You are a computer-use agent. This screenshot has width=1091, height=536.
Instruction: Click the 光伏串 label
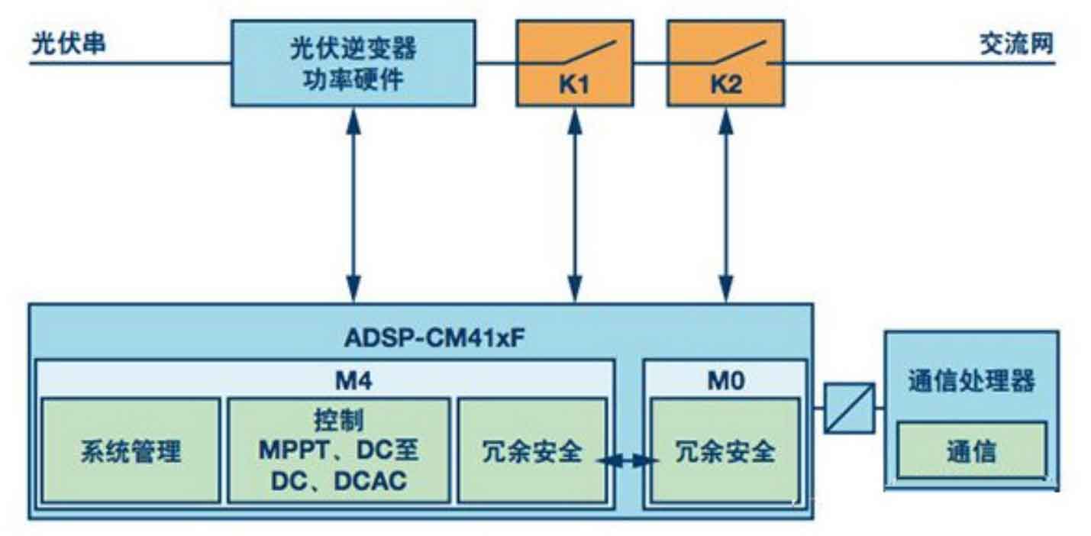click(x=69, y=44)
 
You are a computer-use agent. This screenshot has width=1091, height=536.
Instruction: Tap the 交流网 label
click(x=1016, y=44)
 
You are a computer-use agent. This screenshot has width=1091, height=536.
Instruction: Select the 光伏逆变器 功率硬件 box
click(x=353, y=63)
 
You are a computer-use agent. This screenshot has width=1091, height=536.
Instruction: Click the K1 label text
click(x=574, y=85)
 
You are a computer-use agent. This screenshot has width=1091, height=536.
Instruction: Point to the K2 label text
click(x=726, y=85)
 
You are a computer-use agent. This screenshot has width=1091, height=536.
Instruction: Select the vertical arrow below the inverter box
click(x=353, y=205)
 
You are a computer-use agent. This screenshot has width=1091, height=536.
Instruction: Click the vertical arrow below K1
click(x=575, y=205)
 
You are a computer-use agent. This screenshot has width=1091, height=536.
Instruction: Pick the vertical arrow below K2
click(x=726, y=205)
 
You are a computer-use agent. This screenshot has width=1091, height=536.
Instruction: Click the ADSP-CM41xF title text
click(x=434, y=337)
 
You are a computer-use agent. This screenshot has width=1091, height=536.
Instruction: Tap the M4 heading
click(x=354, y=380)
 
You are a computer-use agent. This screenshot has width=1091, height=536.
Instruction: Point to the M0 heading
click(x=726, y=380)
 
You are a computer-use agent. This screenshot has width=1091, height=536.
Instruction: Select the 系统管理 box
click(x=131, y=450)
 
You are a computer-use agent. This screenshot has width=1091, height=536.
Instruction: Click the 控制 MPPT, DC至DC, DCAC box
click(x=338, y=450)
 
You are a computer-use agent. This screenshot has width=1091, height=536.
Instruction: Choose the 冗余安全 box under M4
click(x=532, y=450)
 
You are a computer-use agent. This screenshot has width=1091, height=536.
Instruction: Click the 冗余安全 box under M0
click(x=725, y=450)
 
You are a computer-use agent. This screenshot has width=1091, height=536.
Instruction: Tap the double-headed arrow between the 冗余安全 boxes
click(x=628, y=460)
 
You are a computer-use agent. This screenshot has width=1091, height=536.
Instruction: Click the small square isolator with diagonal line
click(x=850, y=408)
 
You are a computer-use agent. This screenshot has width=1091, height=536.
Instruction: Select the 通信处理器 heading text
click(x=972, y=380)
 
